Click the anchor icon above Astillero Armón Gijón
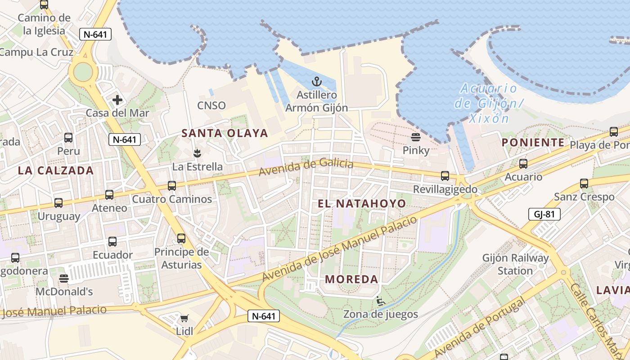(317, 81)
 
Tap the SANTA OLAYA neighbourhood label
(225, 133)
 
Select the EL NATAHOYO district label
(362, 203)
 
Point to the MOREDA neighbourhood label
(351, 279)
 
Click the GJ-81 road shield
(544, 214)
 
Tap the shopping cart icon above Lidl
(184, 319)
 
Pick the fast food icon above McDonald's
(64, 279)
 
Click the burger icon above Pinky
(415, 137)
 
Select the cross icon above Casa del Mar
(117, 99)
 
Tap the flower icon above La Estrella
(197, 153)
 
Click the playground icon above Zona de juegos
(381, 301)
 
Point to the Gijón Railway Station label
(515, 265)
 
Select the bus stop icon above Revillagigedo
(445, 176)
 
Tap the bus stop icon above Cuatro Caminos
(172, 185)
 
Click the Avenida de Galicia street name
(306, 167)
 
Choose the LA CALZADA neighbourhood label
(56, 171)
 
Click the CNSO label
(211, 105)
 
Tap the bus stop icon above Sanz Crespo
(584, 184)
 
